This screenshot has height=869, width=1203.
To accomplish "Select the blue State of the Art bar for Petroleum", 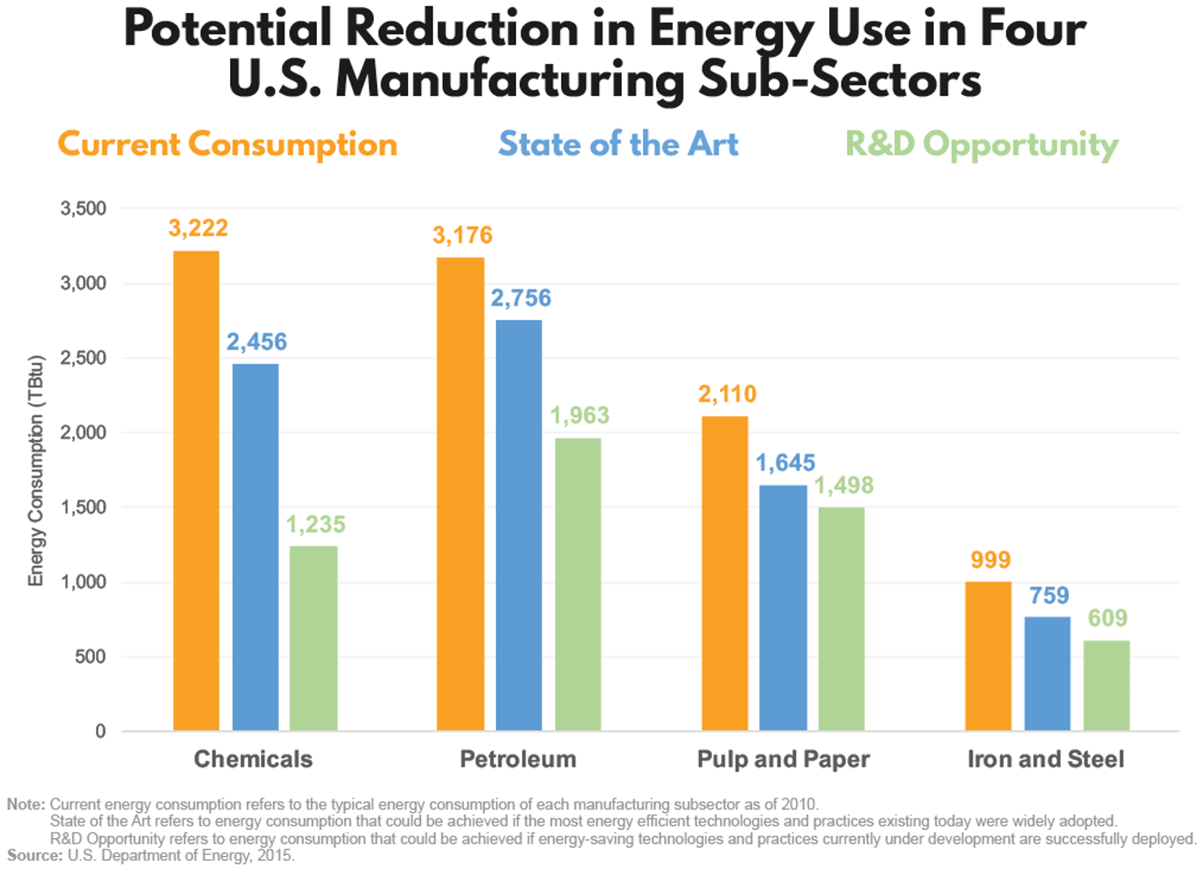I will [x=519, y=525].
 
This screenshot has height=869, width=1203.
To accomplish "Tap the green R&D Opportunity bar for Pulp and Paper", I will [x=841, y=619].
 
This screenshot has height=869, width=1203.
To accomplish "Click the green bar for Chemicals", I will [x=314, y=638].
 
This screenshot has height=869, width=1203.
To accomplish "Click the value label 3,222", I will [x=198, y=228].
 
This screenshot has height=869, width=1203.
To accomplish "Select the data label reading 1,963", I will [x=580, y=415].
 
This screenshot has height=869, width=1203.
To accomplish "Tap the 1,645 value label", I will [x=785, y=463].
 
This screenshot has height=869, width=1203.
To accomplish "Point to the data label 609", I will [x=1107, y=618].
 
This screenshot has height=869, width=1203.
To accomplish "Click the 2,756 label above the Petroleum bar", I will [x=520, y=298].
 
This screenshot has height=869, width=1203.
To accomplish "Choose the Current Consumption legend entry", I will [x=228, y=145].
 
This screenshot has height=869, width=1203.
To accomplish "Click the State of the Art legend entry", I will [x=619, y=145].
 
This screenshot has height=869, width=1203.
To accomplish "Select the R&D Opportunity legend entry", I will [x=982, y=145].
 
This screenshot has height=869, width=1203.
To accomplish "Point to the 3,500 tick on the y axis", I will [x=84, y=209].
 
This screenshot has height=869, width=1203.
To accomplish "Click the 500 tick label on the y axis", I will [x=90, y=657].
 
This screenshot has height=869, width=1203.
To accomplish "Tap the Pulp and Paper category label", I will [x=784, y=759].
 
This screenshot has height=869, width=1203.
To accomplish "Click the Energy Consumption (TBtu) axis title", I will [x=36, y=471].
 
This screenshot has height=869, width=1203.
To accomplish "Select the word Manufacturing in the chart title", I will [x=510, y=81].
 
